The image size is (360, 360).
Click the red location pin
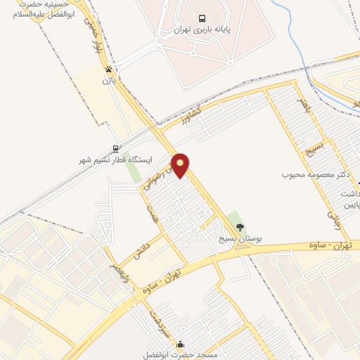coord(181,166)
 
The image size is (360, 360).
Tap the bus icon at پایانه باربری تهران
coord(202,19)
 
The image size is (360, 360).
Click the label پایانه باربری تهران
coord(202,32)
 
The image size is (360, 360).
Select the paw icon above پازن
coord(108,69)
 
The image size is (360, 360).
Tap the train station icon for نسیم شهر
coord(115,149)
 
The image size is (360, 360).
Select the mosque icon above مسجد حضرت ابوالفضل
coord(181,345)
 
